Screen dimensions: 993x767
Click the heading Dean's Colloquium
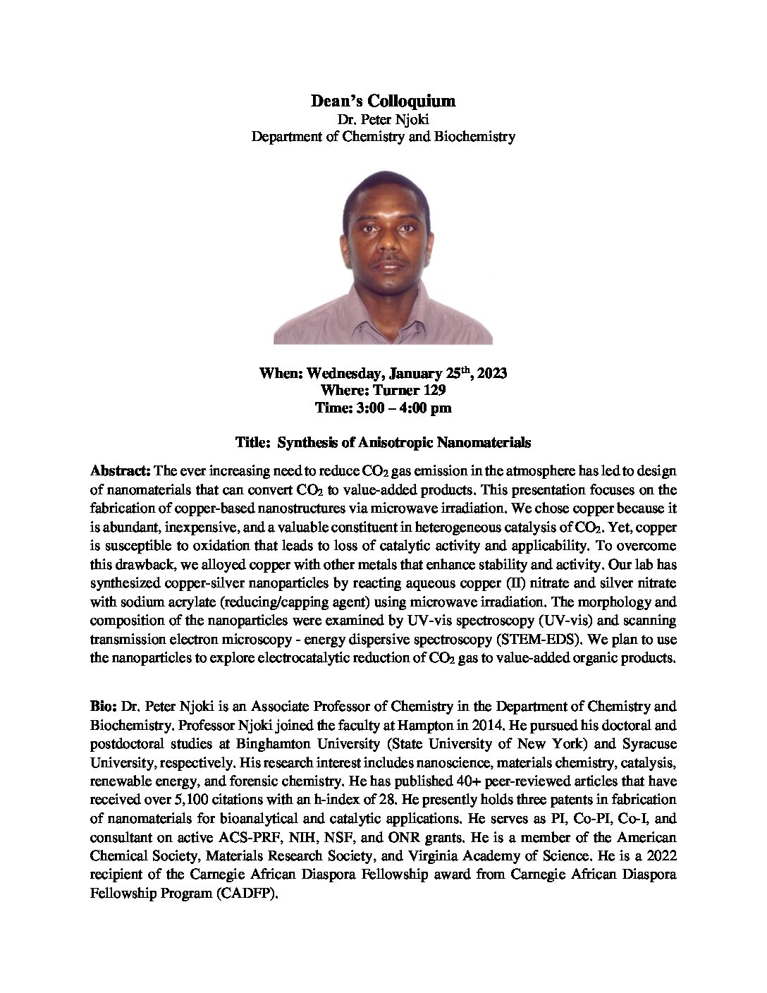pos(383,102)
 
